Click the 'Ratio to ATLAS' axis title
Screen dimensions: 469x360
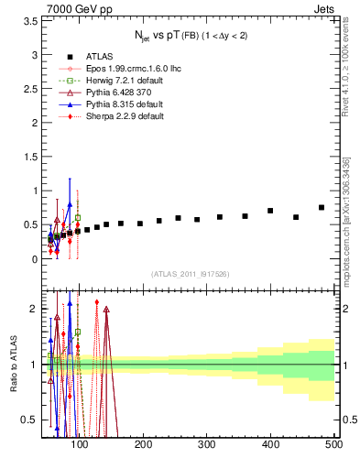pos(11,364)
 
